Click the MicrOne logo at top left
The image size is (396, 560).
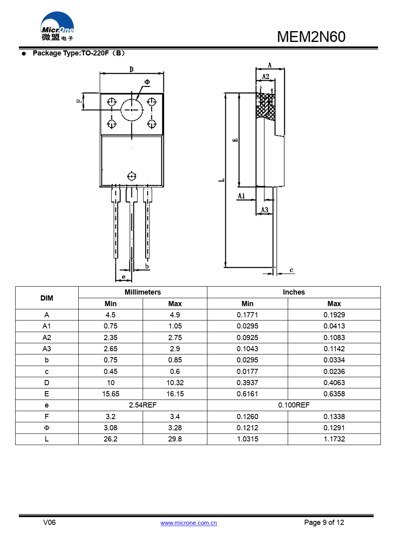tap(57, 27)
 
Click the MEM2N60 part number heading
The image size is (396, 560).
tap(311, 37)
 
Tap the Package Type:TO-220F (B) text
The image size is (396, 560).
tap(79, 53)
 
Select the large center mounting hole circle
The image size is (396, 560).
tap(131, 110)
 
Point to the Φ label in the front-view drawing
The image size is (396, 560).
tap(147, 82)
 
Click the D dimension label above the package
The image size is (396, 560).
tap(131, 69)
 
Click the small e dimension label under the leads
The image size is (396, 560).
tap(123, 277)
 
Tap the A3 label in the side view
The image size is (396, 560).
tap(265, 210)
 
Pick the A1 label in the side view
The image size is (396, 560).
tap(241, 196)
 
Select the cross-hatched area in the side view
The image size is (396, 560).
tap(265, 107)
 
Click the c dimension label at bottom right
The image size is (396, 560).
tap(291, 270)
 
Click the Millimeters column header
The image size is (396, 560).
tap(143, 292)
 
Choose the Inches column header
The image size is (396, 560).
tap(294, 292)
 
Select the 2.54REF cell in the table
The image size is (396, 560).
tap(143, 405)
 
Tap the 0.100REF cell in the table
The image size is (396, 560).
tap(294, 405)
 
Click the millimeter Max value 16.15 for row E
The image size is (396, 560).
tap(175, 394)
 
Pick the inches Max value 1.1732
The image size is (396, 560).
tap(334, 439)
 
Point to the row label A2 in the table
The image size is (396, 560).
tap(47, 338)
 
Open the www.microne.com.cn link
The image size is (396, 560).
tap(189, 523)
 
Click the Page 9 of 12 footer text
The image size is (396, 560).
tap(324, 522)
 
